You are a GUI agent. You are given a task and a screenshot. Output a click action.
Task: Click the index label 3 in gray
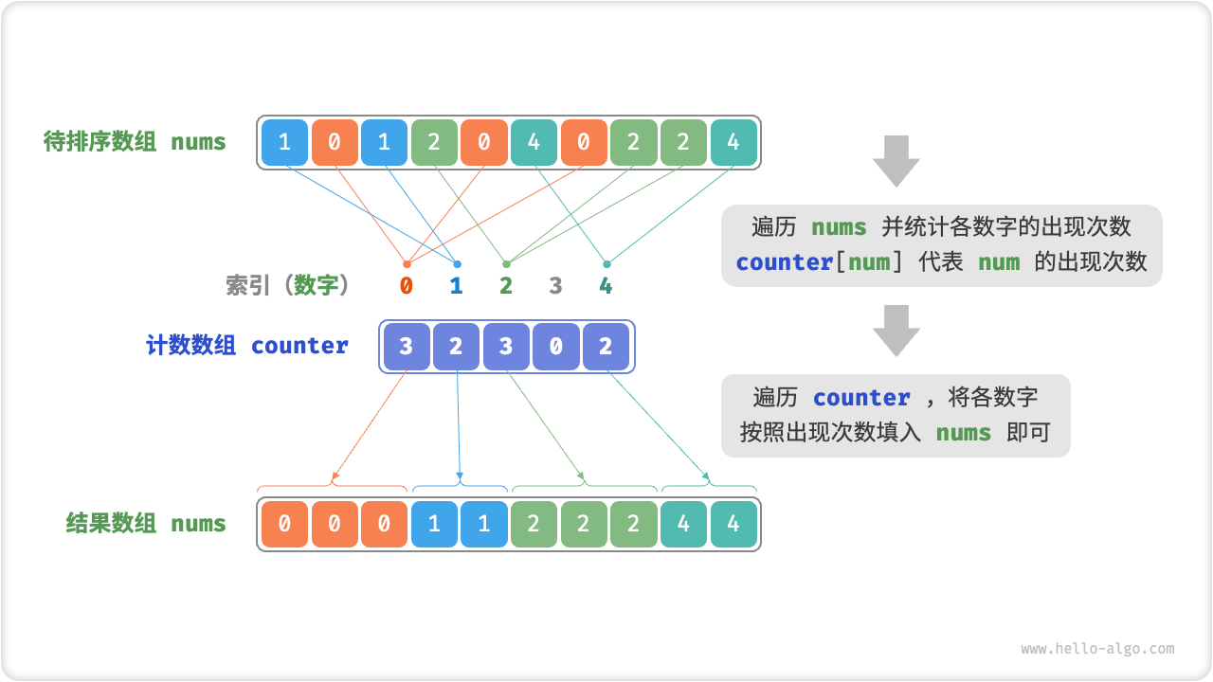pyautogui.click(x=555, y=285)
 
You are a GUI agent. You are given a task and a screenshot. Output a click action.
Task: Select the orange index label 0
pyautogui.click(x=407, y=285)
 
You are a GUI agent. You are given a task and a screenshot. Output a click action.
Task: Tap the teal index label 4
pyautogui.click(x=606, y=285)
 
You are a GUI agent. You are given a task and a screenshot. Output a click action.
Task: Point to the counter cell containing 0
pyautogui.click(x=555, y=347)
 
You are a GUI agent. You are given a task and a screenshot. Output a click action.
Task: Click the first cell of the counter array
pyautogui.click(x=407, y=347)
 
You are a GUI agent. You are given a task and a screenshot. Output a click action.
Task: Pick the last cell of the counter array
pyautogui.click(x=606, y=347)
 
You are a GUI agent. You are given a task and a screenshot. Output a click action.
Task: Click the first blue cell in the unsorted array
pyautogui.click(x=285, y=143)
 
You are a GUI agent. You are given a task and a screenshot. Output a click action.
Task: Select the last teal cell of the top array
pyautogui.click(x=733, y=143)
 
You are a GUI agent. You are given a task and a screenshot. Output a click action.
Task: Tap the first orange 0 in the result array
pyautogui.click(x=285, y=524)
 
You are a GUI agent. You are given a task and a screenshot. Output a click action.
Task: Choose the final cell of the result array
pyautogui.click(x=733, y=524)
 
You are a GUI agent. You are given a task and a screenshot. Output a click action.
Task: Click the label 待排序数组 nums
pyautogui.click(x=135, y=142)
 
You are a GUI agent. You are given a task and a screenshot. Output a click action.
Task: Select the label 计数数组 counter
pyautogui.click(x=247, y=346)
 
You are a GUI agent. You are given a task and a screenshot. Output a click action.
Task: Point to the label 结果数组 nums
pyautogui.click(x=146, y=523)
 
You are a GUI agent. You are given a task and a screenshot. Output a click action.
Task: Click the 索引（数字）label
pyautogui.click(x=288, y=285)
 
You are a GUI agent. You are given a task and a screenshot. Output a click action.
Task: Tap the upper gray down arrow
pyautogui.click(x=896, y=160)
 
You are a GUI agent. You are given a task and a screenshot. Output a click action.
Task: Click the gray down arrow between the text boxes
pyautogui.click(x=896, y=330)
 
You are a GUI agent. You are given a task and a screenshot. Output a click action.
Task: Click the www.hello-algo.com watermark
pyautogui.click(x=1097, y=649)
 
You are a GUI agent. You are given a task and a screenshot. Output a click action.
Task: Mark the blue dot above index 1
pyautogui.click(x=457, y=263)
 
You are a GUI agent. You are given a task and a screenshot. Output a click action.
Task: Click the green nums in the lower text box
pyautogui.click(x=964, y=433)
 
